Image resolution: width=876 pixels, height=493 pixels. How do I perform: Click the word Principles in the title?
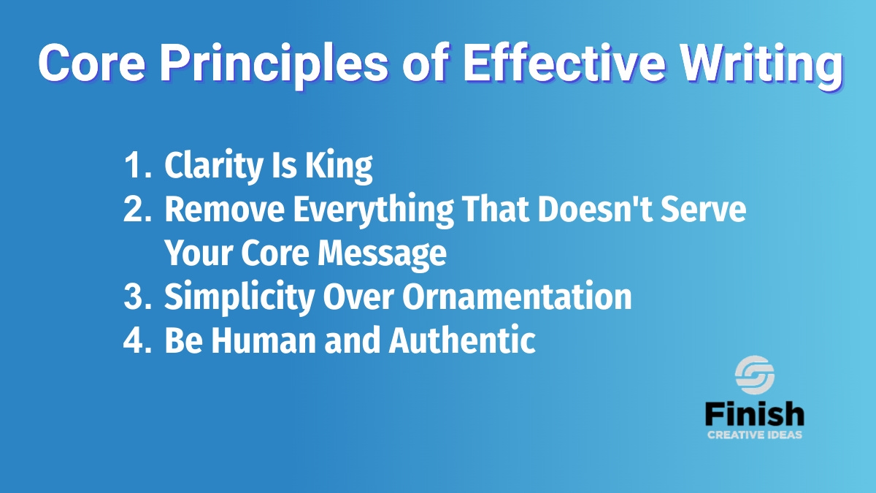(x=274, y=64)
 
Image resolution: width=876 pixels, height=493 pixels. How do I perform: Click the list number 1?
(x=137, y=165)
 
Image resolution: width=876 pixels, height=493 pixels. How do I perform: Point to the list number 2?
(x=137, y=209)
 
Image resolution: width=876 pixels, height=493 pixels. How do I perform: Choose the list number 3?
(x=137, y=297)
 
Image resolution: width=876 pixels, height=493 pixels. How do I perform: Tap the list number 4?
(x=137, y=340)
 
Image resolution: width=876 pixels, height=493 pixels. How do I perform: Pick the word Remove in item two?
(x=225, y=209)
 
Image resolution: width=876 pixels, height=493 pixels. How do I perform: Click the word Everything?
(x=374, y=211)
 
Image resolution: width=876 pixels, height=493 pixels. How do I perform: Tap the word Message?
(x=382, y=254)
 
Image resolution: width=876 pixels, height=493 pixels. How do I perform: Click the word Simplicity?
(x=239, y=297)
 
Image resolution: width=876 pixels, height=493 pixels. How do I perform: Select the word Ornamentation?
(x=517, y=297)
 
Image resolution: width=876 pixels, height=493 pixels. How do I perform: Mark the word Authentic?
(x=462, y=340)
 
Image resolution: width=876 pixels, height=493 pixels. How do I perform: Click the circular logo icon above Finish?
(x=754, y=375)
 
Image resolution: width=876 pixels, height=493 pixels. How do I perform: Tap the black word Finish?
(x=754, y=413)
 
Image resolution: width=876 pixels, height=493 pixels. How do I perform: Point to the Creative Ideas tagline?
(x=754, y=435)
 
